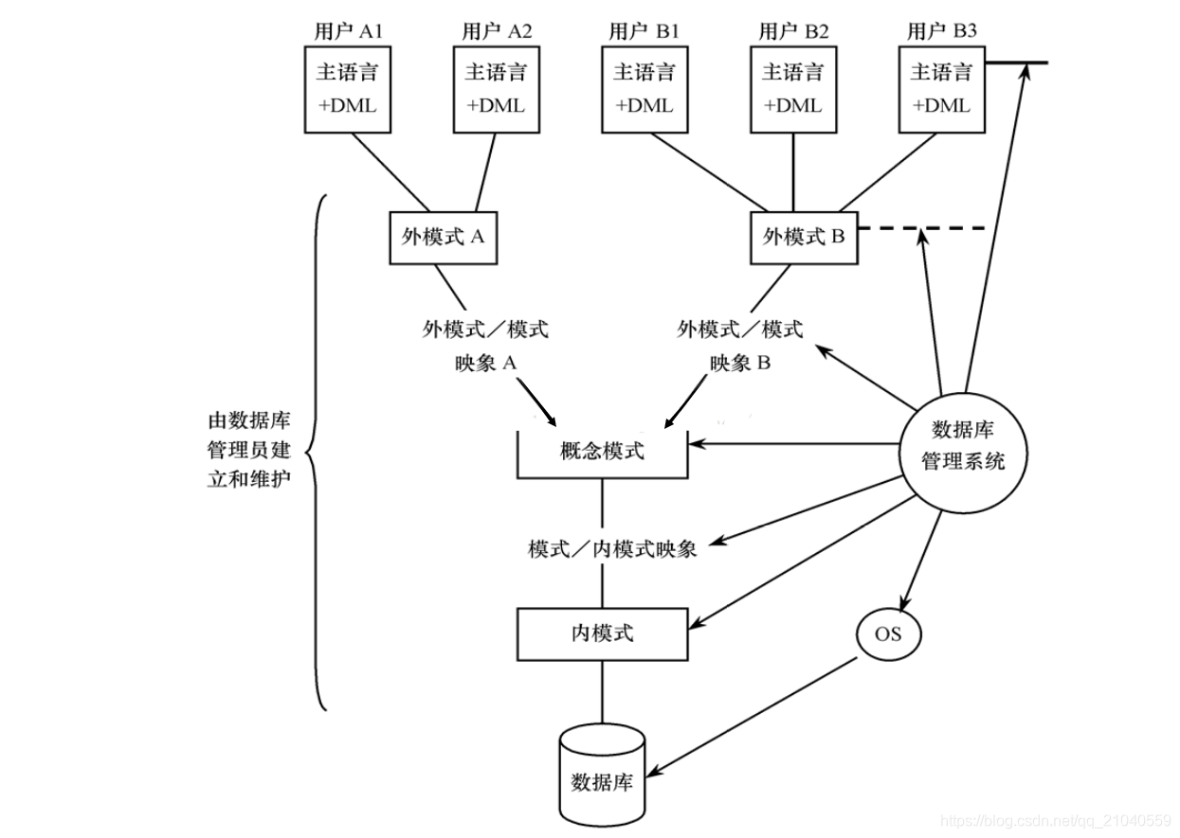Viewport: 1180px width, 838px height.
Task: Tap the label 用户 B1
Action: pos(644,31)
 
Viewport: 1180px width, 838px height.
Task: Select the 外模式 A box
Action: pos(444,237)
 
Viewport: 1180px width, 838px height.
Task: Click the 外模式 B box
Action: pos(804,237)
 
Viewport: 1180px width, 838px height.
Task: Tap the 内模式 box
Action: pos(602,633)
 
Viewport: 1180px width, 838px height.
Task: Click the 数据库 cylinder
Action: pos(602,776)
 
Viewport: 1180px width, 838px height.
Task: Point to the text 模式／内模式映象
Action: pos(612,549)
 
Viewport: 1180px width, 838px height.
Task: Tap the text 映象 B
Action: pos(740,364)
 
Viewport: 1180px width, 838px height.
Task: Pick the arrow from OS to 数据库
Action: pos(758,714)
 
